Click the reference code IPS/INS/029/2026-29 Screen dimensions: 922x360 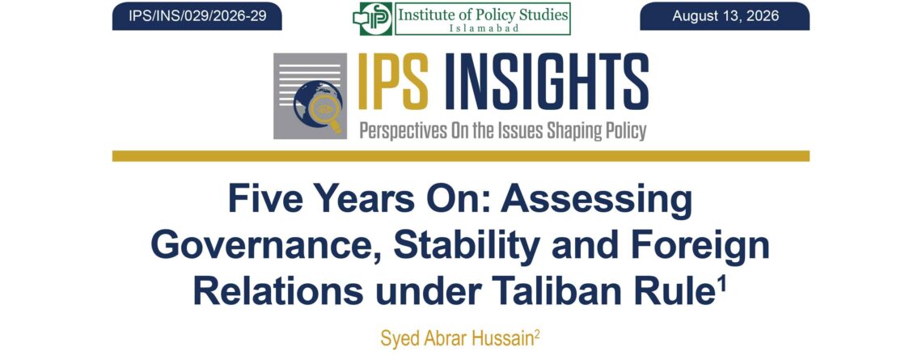coord(197,16)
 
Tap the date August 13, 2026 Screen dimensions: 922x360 coord(725,16)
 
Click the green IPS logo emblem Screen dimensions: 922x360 coord(372,19)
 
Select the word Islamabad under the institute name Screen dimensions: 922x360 coord(482,28)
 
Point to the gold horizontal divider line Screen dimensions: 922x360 coord(460,156)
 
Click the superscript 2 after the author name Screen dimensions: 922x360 coord(537,333)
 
